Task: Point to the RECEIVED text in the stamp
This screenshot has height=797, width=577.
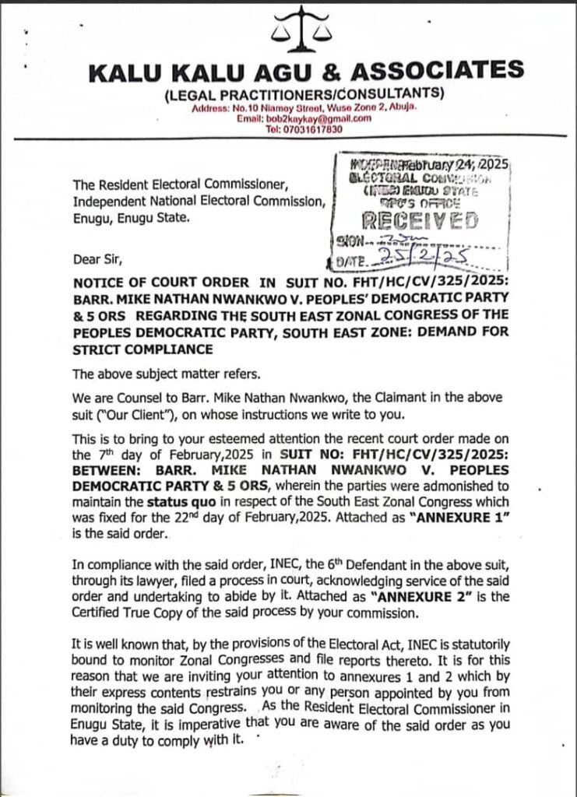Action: click(x=423, y=221)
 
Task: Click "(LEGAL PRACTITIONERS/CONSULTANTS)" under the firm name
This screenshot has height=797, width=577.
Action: click(x=305, y=94)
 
